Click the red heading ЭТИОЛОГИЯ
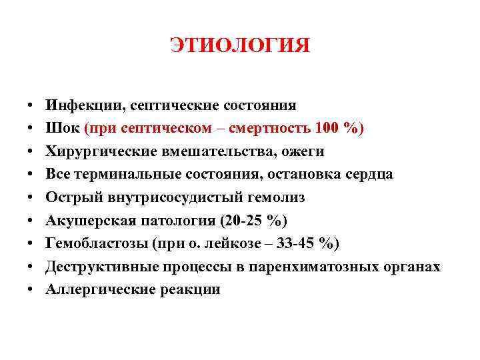pyautogui.click(x=240, y=45)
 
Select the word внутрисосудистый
pyautogui.click(x=170, y=197)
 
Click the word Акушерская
pyautogui.click(x=86, y=221)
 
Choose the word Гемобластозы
pyautogui.click(x=90, y=243)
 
